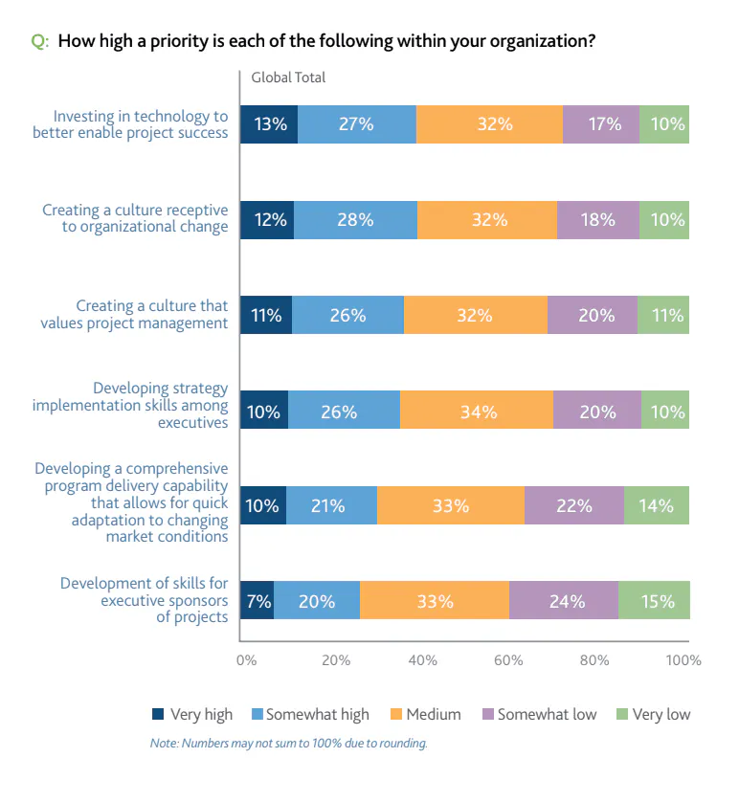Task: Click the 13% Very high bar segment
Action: point(269,124)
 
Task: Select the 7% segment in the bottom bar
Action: point(257,601)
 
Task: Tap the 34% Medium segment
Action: point(477,412)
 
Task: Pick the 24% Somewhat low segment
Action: point(563,601)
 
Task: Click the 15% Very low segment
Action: point(654,601)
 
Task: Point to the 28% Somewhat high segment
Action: point(355,219)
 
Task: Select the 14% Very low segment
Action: point(657,505)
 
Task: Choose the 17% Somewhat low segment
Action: point(601,124)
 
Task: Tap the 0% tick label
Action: point(246,660)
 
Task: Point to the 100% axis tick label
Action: point(683,660)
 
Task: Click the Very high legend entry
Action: point(192,714)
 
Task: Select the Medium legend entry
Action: point(426,714)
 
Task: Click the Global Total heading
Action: point(288,78)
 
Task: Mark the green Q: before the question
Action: point(39,41)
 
